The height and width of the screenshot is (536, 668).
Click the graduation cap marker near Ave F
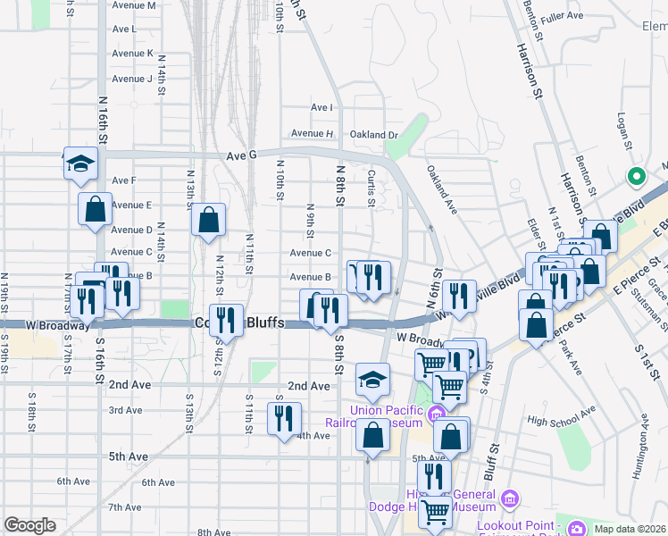pos(79,163)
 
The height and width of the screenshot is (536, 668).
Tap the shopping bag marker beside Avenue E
pos(95,210)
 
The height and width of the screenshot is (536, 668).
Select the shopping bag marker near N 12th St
pos(208,220)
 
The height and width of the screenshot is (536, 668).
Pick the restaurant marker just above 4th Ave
pos(284,419)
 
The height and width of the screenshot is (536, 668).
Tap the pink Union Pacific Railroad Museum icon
pos(436,414)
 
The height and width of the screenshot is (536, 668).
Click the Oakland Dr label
pos(373,135)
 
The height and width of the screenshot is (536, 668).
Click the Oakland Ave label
pos(441,189)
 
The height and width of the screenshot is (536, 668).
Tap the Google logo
pos(29,525)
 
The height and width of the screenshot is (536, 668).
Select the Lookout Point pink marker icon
pos(576,527)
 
